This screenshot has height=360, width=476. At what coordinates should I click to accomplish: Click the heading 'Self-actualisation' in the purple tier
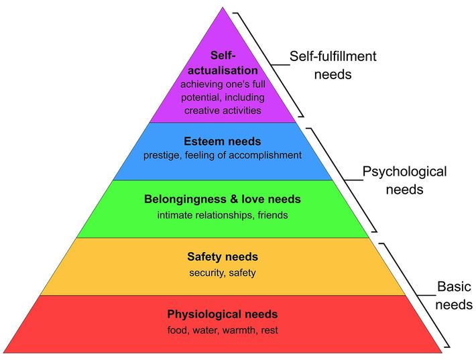click(x=223, y=62)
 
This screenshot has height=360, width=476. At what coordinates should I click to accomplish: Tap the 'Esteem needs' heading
click(x=222, y=141)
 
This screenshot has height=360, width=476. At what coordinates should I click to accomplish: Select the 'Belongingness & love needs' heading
click(x=222, y=199)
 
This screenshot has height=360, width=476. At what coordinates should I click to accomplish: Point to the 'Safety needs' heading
click(x=223, y=257)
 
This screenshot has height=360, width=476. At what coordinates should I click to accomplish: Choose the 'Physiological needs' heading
click(x=222, y=314)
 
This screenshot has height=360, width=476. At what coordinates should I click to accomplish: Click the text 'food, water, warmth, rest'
click(x=222, y=330)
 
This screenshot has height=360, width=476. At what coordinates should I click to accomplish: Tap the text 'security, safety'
click(x=222, y=273)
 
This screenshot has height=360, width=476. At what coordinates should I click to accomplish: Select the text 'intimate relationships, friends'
click(x=222, y=215)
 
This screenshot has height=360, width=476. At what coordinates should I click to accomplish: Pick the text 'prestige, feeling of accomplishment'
click(x=222, y=156)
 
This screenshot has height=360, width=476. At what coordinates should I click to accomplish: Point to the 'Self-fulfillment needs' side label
click(x=333, y=65)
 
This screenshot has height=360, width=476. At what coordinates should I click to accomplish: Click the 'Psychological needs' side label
click(x=404, y=180)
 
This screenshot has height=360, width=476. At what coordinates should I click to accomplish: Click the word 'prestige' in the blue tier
click(x=162, y=156)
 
